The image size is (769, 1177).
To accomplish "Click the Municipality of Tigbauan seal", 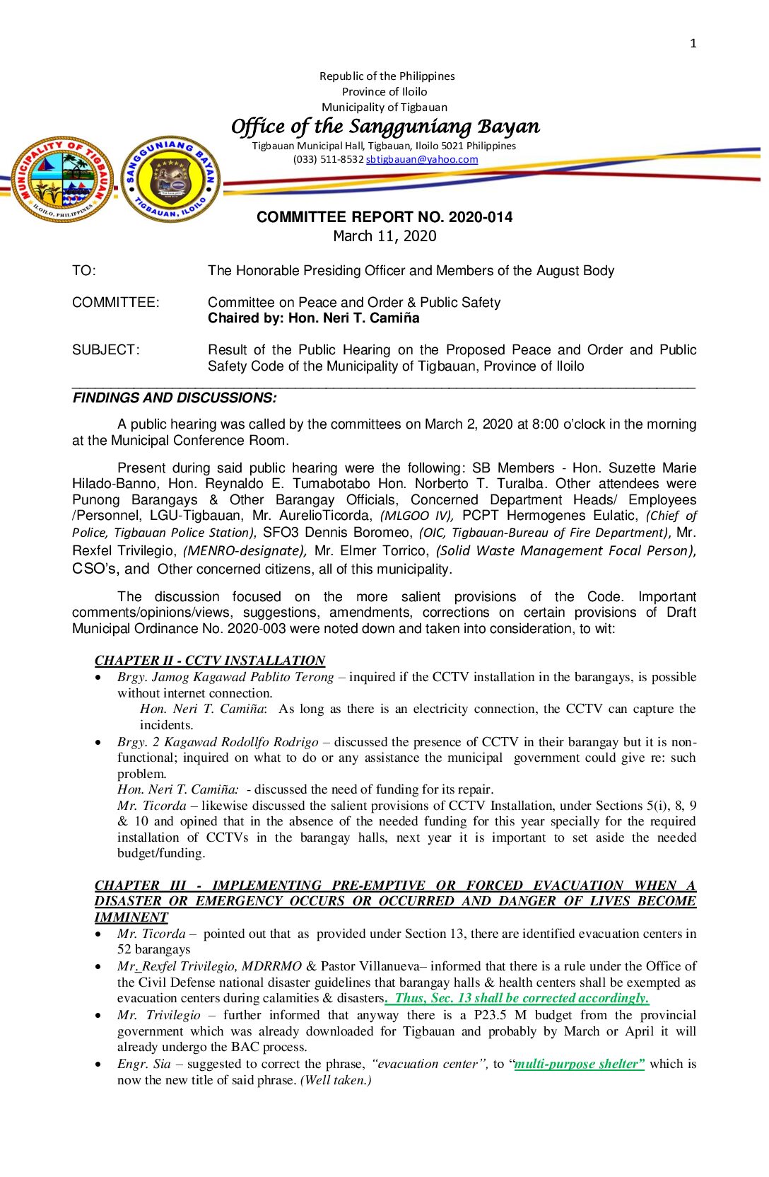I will click(62, 180).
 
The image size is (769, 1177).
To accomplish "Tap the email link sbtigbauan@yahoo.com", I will click(422, 160).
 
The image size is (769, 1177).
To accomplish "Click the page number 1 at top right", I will click(693, 44).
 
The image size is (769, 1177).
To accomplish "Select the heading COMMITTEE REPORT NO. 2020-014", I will click(384, 217).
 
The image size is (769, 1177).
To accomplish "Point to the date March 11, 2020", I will click(384, 236).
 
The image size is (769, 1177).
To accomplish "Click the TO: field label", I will click(84, 271).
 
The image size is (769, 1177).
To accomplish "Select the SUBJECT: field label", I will click(106, 350).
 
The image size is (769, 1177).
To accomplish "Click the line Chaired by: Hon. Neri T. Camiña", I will click(313, 318).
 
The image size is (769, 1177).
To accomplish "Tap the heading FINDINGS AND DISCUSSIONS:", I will click(175, 398).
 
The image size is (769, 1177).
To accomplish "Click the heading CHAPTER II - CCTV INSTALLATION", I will click(210, 661).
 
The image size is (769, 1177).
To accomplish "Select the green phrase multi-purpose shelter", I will click(579, 1064).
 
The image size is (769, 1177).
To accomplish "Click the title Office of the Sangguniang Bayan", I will click(385, 127).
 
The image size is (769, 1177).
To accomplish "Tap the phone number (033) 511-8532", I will click(328, 160).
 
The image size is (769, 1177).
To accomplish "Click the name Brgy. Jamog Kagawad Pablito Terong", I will click(225, 677).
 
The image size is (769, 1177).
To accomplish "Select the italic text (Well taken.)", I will click(336, 1080).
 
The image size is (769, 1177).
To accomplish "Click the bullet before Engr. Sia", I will click(98, 1065).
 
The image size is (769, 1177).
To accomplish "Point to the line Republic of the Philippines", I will click(387, 76).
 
